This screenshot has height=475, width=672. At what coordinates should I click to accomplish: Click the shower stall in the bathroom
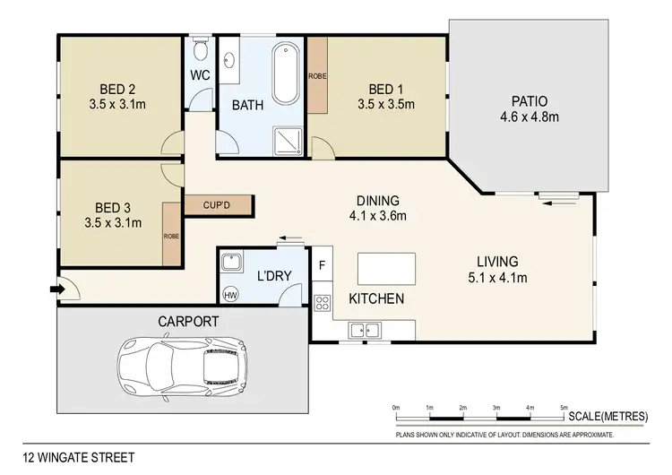click(288, 135)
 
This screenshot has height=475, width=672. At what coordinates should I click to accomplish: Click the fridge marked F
click(322, 265)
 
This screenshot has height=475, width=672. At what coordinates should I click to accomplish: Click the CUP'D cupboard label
click(219, 206)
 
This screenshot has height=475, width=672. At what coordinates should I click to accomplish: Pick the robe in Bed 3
click(171, 233)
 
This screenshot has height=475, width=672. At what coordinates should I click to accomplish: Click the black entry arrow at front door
click(56, 289)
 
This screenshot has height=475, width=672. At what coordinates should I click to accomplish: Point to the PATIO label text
click(530, 101)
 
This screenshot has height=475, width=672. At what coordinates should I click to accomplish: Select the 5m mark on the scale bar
click(564, 408)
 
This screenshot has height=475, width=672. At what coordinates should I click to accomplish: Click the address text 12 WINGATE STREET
click(80, 458)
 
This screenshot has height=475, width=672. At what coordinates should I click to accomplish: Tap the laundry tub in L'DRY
click(231, 263)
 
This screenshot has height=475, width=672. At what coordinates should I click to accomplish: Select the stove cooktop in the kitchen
click(323, 301)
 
